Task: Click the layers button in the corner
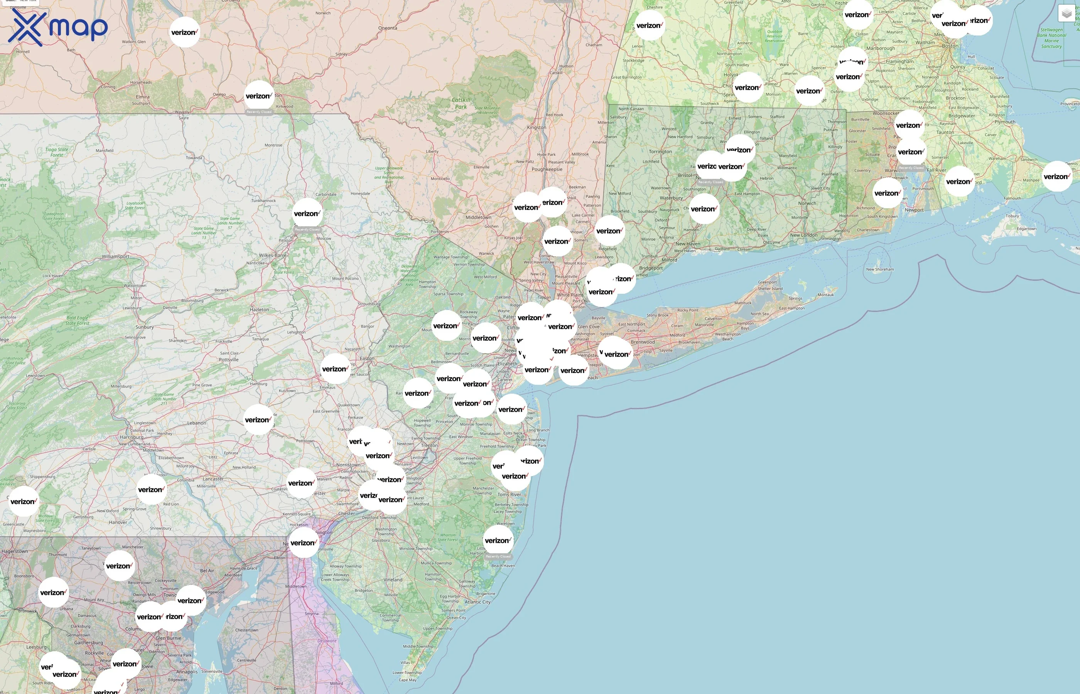tap(1066, 14)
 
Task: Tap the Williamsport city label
tap(115, 256)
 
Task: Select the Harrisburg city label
tap(132, 437)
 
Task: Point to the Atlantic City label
tap(478, 601)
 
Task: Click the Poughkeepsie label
tap(547, 169)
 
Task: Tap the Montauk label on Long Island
tap(825, 295)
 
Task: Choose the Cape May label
tap(407, 680)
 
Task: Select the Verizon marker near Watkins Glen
tap(185, 32)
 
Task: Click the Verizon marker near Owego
tap(259, 96)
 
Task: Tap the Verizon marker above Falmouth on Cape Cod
tap(1056, 177)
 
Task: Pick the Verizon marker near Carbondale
tap(307, 214)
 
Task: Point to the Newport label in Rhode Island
tap(914, 210)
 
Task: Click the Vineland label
tap(393, 580)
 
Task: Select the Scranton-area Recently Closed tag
tap(307, 229)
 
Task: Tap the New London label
tap(803, 235)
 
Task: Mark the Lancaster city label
tap(213, 479)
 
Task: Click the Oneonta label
tap(388, 28)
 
